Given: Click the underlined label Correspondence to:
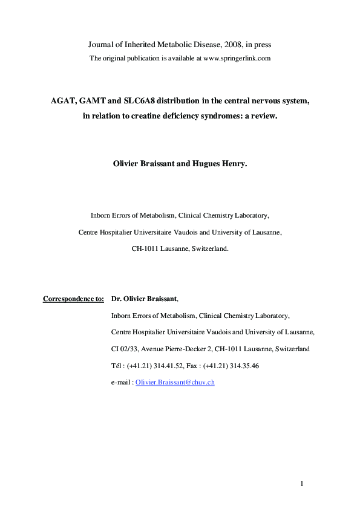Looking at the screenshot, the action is click(x=73, y=298).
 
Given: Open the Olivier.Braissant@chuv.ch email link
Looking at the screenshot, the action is click(x=175, y=383).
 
